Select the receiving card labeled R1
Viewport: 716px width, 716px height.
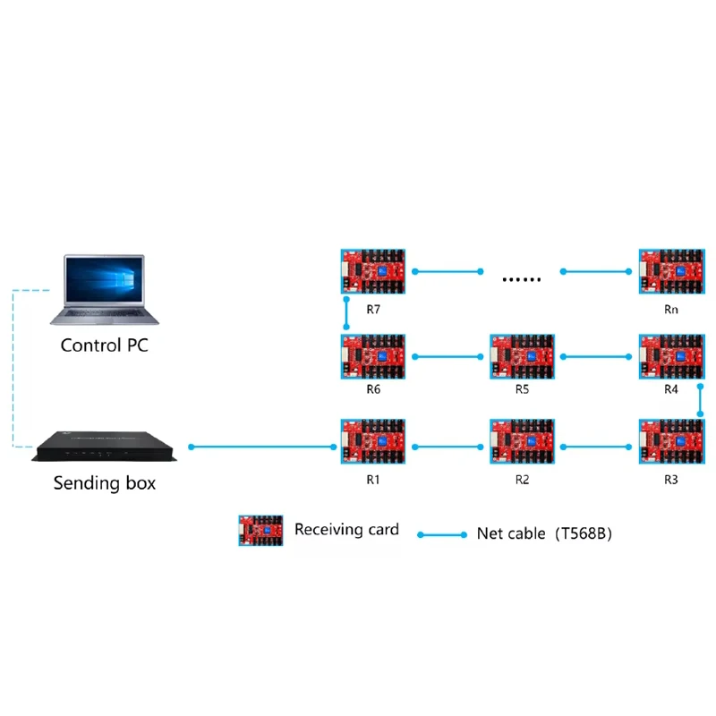tap(373, 442)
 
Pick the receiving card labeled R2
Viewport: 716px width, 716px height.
tap(523, 442)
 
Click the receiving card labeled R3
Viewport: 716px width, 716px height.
tap(671, 442)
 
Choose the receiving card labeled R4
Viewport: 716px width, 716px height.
tap(671, 357)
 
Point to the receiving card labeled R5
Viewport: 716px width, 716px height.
tap(523, 357)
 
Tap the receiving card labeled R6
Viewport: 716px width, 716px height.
tap(373, 357)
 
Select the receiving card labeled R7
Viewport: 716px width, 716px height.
tap(373, 272)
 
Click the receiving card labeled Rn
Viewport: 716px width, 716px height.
tap(671, 272)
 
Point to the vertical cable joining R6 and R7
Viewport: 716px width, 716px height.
tap(345, 314)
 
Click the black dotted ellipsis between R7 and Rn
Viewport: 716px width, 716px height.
tap(522, 279)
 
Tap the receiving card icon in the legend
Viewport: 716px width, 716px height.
tap(260, 530)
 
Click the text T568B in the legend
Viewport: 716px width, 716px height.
tap(584, 533)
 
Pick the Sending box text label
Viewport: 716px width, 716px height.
tap(104, 483)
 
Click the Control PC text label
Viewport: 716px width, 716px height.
tap(104, 345)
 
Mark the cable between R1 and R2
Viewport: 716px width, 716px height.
tap(447, 446)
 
